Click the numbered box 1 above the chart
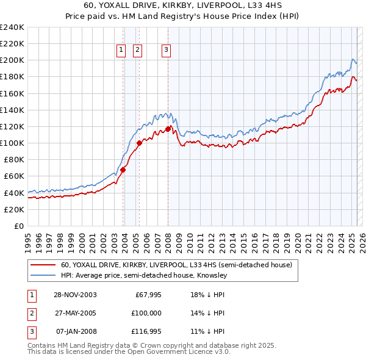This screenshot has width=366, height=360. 121,51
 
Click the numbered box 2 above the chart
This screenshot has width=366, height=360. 137,51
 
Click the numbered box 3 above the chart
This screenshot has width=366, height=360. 166,51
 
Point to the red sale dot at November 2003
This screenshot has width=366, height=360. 123,170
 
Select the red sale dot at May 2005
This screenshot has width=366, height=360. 139,143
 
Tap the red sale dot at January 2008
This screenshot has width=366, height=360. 168,129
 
